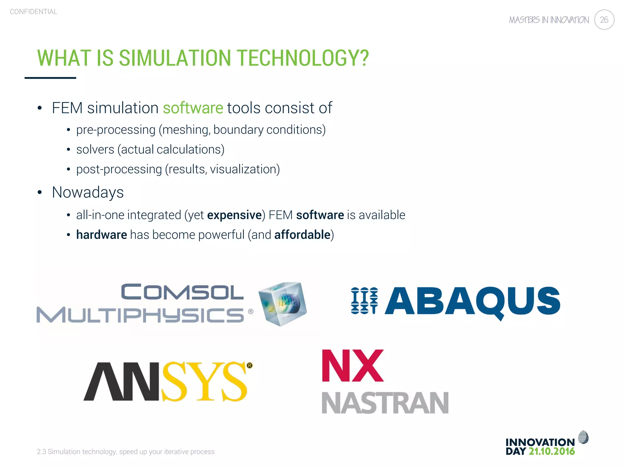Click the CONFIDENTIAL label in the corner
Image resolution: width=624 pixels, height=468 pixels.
pos(34,12)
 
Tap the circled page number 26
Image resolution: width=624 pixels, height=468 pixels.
pos(604,20)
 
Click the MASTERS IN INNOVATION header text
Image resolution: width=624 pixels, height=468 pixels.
pos(549,20)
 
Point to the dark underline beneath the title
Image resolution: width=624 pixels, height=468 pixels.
pos(50,78)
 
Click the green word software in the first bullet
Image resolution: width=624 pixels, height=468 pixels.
pos(193,108)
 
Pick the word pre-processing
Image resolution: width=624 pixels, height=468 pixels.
pos(116,130)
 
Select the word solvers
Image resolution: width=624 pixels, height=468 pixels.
pos(95,150)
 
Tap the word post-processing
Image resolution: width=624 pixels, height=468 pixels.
pos(119,169)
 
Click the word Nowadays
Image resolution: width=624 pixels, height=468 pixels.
pos(88,192)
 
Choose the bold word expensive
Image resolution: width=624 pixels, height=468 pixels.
pos(234,215)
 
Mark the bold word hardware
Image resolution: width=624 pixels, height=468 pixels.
pos(101,235)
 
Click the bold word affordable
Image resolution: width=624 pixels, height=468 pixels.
pos(302,235)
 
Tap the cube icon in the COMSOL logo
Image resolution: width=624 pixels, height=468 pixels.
pos(282,303)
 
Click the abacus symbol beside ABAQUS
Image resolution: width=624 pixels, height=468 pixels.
pos(364,301)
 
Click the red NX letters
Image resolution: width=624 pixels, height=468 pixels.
pos(353,366)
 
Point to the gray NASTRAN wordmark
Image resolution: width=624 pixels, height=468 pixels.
pos(385,403)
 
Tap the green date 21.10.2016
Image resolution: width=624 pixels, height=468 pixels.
pos(551,451)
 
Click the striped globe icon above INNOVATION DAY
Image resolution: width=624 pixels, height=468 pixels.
pos(583,438)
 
